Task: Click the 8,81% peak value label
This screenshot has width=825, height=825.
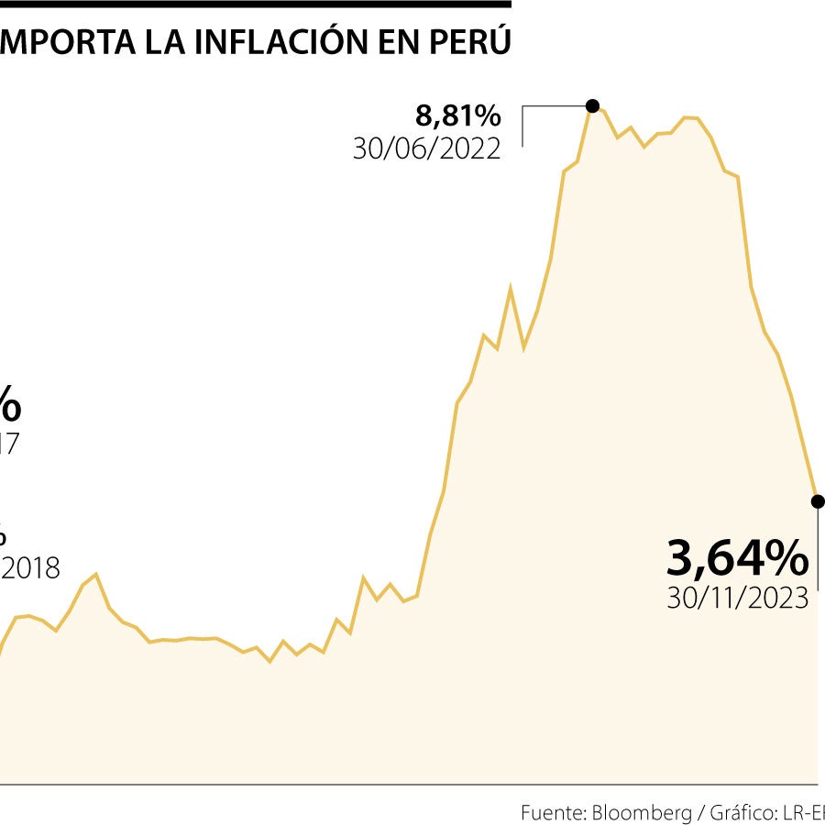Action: (458, 115)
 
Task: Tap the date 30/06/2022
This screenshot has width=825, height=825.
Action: (427, 148)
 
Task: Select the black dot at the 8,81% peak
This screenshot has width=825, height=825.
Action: (593, 105)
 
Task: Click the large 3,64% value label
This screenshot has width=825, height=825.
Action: (738, 558)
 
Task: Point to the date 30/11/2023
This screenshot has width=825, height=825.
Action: (738, 599)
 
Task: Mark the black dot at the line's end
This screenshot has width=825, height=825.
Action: (818, 501)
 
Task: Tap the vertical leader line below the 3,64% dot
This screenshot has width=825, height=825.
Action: (819, 550)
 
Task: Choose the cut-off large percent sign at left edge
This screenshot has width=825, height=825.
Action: (9, 403)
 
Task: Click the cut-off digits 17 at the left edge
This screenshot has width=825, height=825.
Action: (8, 445)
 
